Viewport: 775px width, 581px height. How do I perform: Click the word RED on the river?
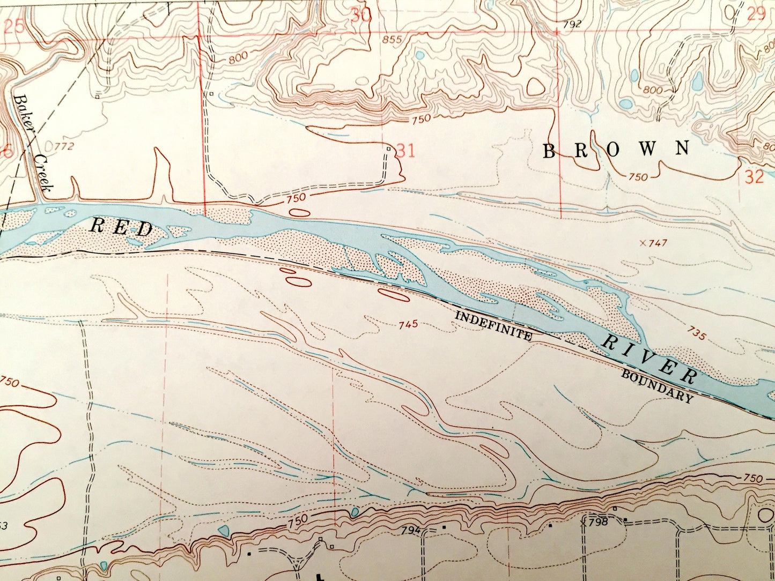point(122,228)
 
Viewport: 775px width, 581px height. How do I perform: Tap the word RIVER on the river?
point(651,357)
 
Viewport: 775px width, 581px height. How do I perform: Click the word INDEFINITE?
point(493,326)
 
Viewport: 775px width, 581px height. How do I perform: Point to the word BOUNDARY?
point(657,385)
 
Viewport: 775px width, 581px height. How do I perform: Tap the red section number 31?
point(405,151)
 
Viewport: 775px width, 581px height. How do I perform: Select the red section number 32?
point(754,177)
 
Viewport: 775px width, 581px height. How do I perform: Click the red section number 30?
point(361,15)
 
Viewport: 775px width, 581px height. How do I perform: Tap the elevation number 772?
point(63,146)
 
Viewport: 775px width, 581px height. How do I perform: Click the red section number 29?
point(756,14)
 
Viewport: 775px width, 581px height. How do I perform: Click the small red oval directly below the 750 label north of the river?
point(300,212)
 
